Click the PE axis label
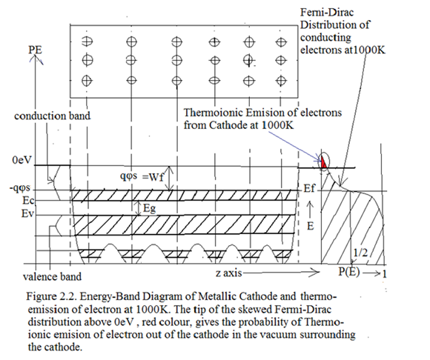35,50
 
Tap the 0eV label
21,160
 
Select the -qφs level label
19,188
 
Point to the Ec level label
28,201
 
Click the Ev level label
27,213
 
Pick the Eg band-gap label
150,209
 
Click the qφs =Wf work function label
142,177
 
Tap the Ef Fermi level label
309,188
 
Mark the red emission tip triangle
323,162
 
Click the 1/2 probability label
360,253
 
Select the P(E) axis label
349,272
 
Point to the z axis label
228,273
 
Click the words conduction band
52,116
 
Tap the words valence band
52,277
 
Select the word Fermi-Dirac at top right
327,13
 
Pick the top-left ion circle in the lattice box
87,41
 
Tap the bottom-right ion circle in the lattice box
280,81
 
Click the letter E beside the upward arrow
310,227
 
